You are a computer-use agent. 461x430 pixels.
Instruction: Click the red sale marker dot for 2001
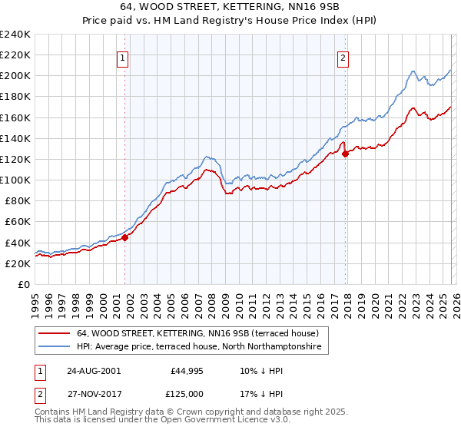point(124,237)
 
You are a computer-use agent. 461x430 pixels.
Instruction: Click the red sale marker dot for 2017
point(346,154)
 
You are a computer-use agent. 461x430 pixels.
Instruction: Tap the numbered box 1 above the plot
point(124,56)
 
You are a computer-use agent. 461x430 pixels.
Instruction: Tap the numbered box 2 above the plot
point(343,56)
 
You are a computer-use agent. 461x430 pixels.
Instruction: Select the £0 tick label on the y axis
point(24,284)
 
